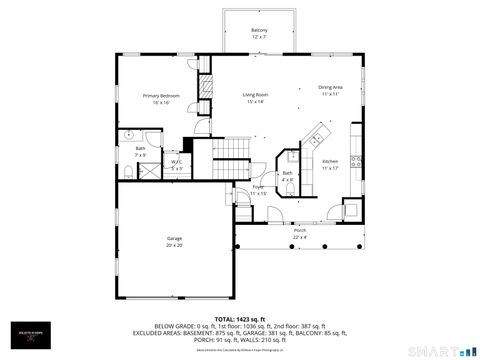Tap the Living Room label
click(x=254, y=98)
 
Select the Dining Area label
click(x=331, y=90)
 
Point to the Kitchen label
click(x=330, y=164)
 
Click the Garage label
click(x=174, y=241)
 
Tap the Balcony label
click(x=259, y=33)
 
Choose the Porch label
click(x=300, y=233)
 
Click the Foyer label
click(x=258, y=189)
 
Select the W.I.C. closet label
click(x=176, y=165)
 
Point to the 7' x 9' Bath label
click(x=141, y=151)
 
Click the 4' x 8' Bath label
click(x=287, y=176)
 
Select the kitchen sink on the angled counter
click(x=317, y=133)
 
